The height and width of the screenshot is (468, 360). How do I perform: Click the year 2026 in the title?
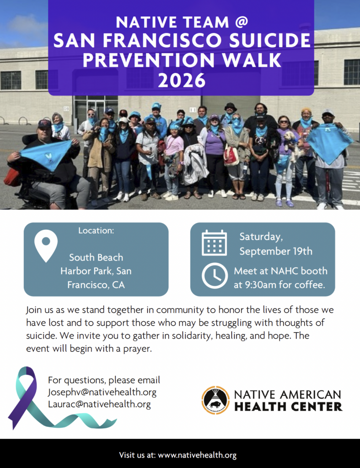(x=182, y=80)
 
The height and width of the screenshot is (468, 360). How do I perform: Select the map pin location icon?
(x=46, y=246)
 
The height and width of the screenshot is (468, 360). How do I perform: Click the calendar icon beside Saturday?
(x=214, y=243)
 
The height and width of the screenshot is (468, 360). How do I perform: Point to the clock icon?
(x=215, y=276)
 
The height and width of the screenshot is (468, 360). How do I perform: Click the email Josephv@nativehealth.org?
(x=102, y=392)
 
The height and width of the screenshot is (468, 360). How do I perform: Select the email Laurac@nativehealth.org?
(x=99, y=404)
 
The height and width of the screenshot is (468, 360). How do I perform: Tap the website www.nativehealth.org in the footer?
(x=197, y=455)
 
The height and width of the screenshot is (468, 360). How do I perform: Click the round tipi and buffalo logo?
(x=215, y=400)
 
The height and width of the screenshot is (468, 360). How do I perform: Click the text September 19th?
(x=276, y=251)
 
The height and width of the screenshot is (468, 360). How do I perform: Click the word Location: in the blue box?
(x=96, y=230)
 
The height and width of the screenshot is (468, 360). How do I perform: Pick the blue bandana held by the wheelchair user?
(x=46, y=154)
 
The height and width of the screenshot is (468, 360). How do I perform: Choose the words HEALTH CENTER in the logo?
(x=288, y=406)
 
